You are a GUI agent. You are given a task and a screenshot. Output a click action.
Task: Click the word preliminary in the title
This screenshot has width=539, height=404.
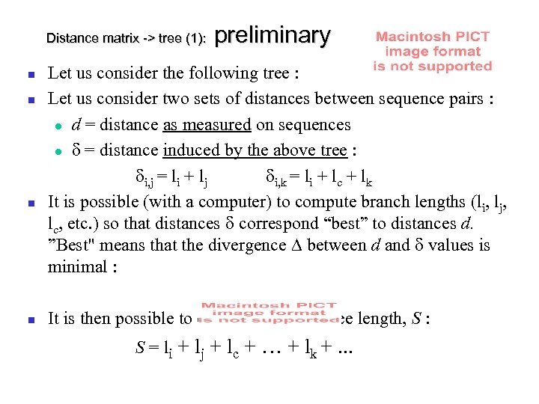point(272,35)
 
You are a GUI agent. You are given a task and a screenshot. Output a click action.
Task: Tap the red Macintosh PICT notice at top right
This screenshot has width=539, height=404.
point(433,51)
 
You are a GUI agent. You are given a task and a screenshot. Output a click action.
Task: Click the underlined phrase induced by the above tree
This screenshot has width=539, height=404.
point(255,150)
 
